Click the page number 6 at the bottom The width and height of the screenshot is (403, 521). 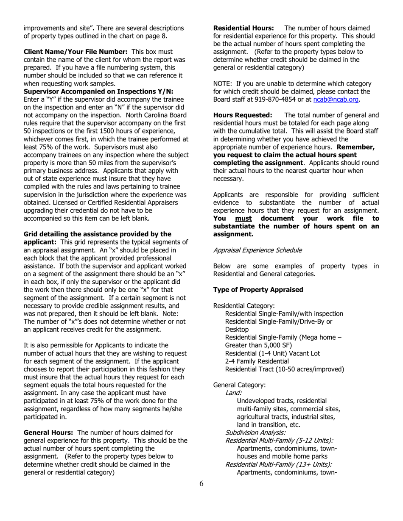click(201, 484)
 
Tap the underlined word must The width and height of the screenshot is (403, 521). click(243, 218)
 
